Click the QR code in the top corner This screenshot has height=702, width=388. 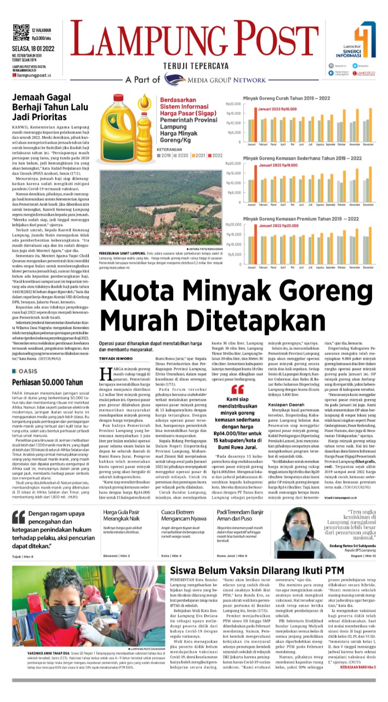[x=20, y=32]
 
